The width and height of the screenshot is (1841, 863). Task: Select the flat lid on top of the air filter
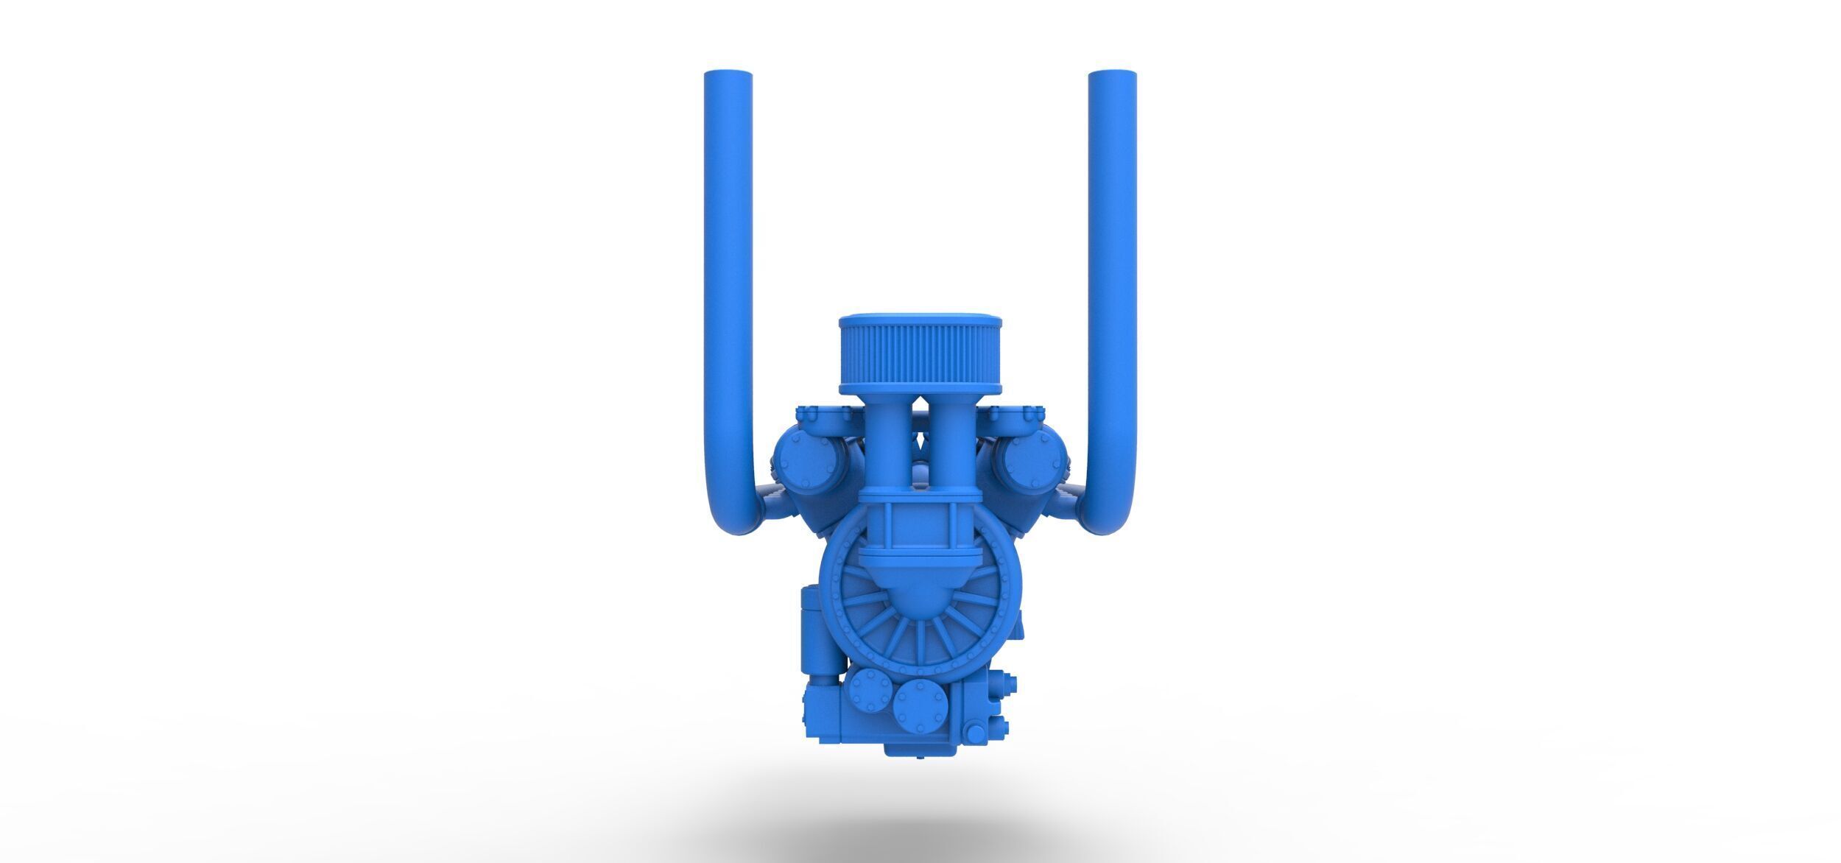[x=920, y=322]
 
